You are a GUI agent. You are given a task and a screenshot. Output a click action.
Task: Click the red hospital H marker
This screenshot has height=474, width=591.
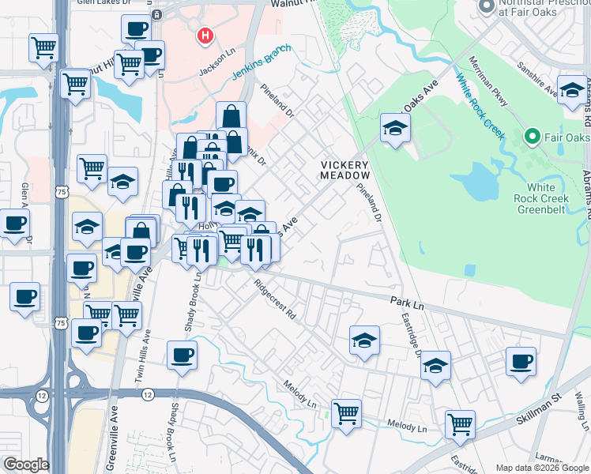click(205, 36)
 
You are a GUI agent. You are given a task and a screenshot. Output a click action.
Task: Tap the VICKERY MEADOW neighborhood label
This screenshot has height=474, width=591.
click(345, 170)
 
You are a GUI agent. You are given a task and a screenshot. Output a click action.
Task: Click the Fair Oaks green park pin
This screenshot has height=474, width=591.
click(532, 137)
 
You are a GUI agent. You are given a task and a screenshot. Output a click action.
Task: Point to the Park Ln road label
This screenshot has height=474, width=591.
click(408, 302)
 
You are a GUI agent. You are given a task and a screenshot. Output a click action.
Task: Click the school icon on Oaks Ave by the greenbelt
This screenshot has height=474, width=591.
click(395, 128)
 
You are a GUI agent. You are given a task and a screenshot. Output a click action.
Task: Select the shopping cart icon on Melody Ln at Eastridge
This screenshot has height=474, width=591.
click(459, 424)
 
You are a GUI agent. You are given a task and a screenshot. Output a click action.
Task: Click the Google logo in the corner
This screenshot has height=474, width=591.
click(25, 465)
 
